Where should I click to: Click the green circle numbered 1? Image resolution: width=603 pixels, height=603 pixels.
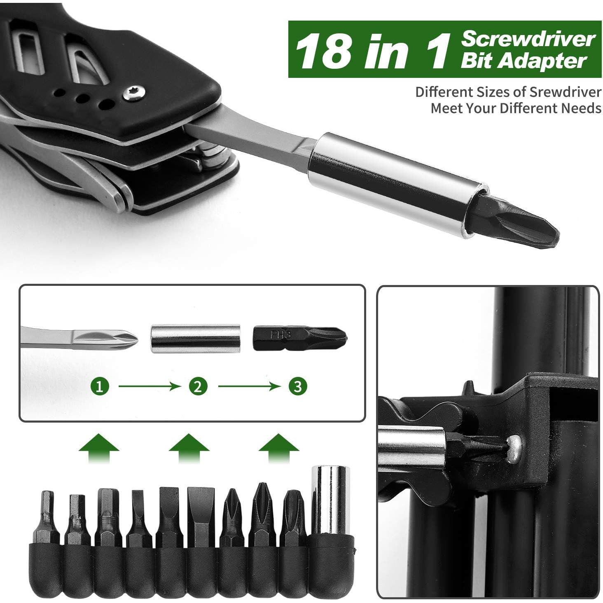[x=100, y=386]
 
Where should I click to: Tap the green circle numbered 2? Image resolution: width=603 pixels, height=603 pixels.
[x=198, y=386]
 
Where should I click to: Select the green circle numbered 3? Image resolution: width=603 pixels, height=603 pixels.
[x=298, y=386]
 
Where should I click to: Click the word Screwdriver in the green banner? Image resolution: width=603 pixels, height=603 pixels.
[x=528, y=40]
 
